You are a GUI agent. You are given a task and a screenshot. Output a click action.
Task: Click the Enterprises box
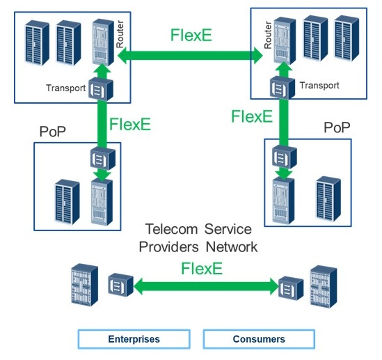click(134, 339)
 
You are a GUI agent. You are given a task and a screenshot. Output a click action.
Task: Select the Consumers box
click(259, 339)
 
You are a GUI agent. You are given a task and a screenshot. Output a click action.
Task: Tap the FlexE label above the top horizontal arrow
click(191, 35)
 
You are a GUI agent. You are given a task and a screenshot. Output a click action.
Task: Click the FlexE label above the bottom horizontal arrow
click(202, 268)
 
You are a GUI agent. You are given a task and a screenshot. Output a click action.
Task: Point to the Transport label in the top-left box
click(66, 88)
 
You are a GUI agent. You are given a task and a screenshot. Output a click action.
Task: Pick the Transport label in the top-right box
click(319, 86)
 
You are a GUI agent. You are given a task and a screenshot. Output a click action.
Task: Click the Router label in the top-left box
click(120, 34)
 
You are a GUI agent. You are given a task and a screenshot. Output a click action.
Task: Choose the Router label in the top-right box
click(268, 35)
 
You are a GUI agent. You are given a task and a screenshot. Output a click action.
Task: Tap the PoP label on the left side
click(53, 132)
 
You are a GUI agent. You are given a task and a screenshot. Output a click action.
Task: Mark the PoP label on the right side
click(337, 127)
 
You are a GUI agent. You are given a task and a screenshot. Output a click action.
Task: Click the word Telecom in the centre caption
click(171, 229)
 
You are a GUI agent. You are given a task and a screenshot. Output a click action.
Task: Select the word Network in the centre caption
click(232, 247)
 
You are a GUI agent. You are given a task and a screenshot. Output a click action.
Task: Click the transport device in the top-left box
click(101, 89)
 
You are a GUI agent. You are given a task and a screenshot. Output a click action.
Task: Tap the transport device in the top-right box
click(282, 87)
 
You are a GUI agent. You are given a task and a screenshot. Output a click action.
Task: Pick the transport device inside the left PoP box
click(103, 159)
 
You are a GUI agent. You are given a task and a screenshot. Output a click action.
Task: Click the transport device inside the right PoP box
click(285, 157)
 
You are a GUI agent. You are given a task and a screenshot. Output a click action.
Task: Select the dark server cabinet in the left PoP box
click(67, 202)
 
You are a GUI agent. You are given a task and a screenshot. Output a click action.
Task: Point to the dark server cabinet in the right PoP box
click(328, 199)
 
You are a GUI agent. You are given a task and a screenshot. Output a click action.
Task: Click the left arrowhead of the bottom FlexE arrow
click(138, 286)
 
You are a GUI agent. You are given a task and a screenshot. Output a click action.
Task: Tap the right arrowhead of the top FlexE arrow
click(258, 56)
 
